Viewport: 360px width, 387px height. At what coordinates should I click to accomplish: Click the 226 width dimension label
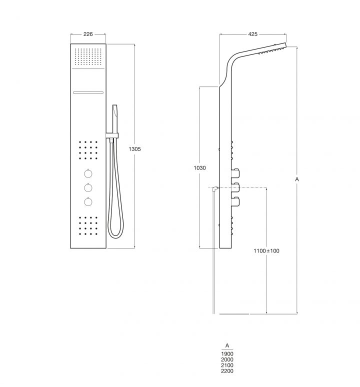pos(88,34)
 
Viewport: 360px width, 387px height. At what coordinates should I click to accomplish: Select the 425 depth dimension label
pos(252,34)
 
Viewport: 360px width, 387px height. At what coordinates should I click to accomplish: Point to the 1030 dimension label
pos(200,168)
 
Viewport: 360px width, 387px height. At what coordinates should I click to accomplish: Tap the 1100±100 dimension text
pos(266,250)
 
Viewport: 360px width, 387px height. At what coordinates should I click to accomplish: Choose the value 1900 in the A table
pos(227,354)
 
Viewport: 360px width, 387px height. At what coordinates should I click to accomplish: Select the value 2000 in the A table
pos(227,359)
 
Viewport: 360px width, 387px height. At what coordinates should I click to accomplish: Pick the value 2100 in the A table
pos(227,365)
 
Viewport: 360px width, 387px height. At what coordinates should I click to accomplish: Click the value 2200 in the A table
pos(227,371)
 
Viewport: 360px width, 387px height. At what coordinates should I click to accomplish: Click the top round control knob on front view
pos(88,174)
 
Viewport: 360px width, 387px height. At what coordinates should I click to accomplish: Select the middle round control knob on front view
pos(88,187)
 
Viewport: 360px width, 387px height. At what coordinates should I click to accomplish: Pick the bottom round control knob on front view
pos(88,201)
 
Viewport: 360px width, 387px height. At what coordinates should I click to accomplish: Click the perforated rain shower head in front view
pos(88,56)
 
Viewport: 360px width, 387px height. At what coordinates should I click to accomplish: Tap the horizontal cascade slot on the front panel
pos(88,92)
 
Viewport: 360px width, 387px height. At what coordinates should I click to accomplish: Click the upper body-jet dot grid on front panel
pos(88,149)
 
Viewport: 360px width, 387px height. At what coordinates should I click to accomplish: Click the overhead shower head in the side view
pos(271,49)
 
